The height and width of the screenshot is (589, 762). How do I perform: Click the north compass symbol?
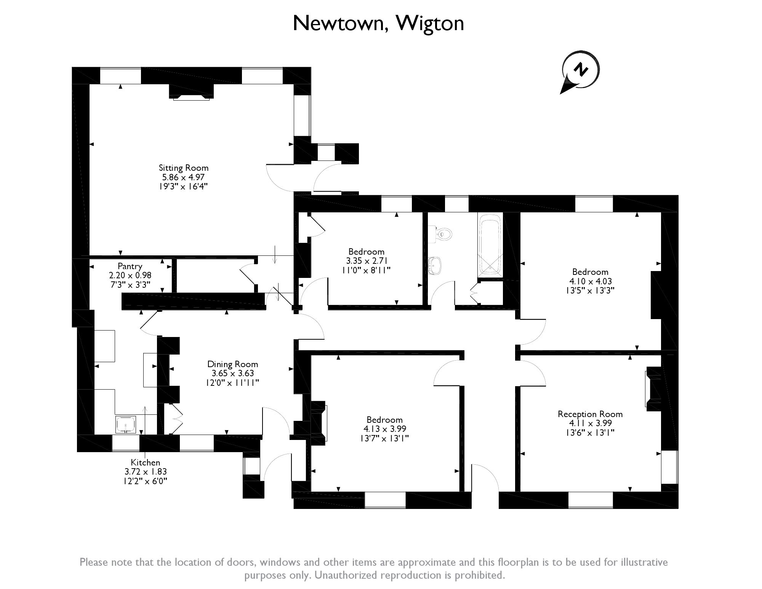[x=580, y=71]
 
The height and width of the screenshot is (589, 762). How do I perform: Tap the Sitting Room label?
[x=183, y=168]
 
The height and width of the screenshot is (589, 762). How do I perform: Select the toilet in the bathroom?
[x=442, y=234]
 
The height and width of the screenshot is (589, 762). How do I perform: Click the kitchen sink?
[x=125, y=424]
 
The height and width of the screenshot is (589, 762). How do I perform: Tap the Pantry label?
[x=130, y=266]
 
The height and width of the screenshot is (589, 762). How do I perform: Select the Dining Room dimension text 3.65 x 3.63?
[x=232, y=374]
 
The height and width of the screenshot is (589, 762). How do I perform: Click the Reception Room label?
[x=590, y=414]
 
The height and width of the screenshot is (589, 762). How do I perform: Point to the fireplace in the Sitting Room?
[x=191, y=92]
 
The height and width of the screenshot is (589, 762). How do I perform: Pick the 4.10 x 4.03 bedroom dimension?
[x=590, y=281]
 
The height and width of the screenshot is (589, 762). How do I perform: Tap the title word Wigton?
[x=430, y=24]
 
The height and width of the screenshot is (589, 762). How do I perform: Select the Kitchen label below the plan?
[x=145, y=462]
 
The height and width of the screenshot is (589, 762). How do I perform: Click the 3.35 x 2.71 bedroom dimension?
[x=366, y=261]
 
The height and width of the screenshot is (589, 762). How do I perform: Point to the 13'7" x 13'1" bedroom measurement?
[x=384, y=438]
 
